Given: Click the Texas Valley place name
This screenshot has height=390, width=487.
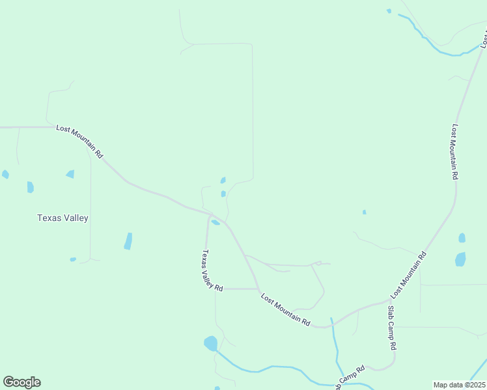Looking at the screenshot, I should pos(63,218).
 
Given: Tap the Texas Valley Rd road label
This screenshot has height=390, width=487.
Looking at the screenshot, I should pos(212,270).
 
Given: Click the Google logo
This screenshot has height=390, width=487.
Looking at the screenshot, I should pos(21,382).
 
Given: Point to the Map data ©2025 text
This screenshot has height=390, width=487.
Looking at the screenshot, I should pos(459,385).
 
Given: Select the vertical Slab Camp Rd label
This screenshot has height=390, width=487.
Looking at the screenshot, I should pos(392,328).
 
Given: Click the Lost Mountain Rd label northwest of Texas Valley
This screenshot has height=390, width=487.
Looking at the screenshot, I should pos(79,141).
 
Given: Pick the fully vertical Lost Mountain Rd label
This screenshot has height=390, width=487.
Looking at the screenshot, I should pos(454,151).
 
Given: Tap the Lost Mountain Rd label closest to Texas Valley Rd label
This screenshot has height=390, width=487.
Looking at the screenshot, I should pos(285,309).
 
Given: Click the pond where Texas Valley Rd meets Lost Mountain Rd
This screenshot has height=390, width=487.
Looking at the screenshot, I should pos(215,222).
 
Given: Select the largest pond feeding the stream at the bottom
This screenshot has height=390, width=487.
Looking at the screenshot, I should pos(210,343).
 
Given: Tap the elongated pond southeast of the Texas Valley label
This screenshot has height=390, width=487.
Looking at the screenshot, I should pos(128,241).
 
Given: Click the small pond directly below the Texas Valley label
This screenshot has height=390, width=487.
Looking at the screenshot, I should pos(73,259).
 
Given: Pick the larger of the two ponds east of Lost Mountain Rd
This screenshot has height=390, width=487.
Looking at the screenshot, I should pos(460,259).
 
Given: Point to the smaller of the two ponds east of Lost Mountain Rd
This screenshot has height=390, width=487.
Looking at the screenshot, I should pos(462,238).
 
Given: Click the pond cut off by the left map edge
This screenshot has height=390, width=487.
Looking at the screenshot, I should pos(5,174).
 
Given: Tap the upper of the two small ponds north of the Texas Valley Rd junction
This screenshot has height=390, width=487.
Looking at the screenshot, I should pos(223,180).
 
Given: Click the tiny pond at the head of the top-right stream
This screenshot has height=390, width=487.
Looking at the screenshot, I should pos(389,11).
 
